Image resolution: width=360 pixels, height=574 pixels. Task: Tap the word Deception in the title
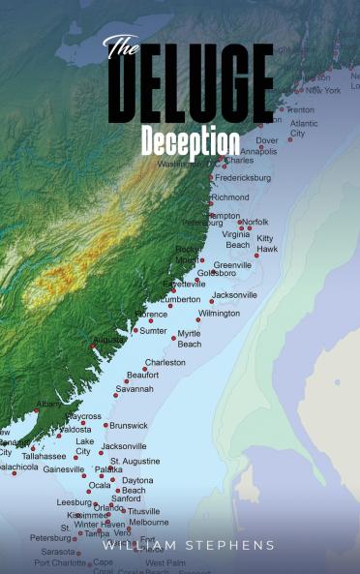click(x=190, y=141)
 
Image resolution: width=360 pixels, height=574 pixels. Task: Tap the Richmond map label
click(x=229, y=197)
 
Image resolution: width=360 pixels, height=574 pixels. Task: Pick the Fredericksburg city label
click(x=243, y=178)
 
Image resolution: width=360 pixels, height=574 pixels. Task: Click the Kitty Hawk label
click(x=266, y=243)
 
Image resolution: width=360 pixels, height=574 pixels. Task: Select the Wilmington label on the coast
click(x=219, y=314)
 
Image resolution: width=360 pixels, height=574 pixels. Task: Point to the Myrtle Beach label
click(x=190, y=339)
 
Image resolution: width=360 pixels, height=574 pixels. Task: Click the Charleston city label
click(x=165, y=363)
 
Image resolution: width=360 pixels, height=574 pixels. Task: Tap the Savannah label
click(x=135, y=389)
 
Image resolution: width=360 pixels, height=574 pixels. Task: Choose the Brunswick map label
click(x=129, y=425)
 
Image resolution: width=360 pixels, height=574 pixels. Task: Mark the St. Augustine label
click(x=135, y=462)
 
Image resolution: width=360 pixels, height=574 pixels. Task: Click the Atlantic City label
click(x=304, y=129)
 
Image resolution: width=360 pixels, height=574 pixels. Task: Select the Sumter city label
click(x=154, y=331)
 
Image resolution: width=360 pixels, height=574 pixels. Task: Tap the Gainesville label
click(x=64, y=469)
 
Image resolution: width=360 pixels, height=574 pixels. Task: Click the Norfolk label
click(x=255, y=222)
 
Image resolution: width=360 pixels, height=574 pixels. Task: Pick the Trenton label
click(x=300, y=109)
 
